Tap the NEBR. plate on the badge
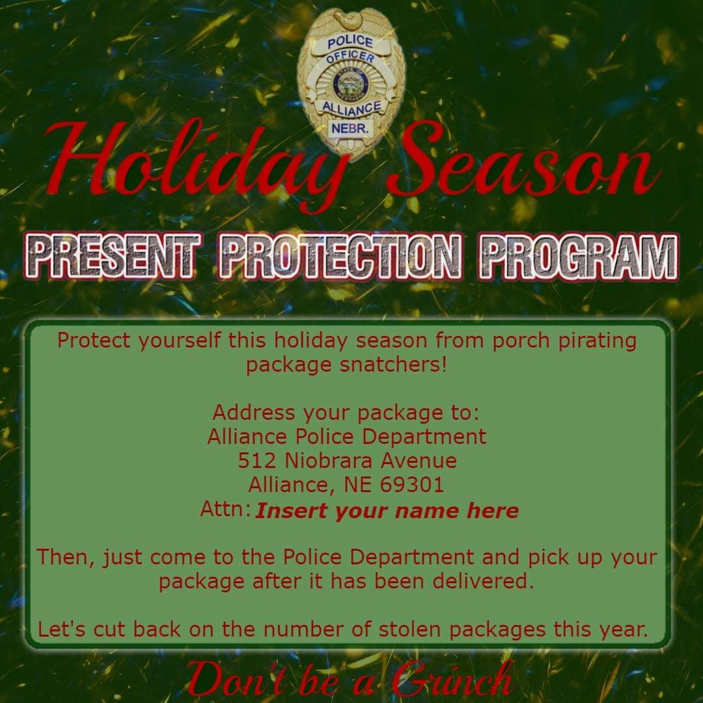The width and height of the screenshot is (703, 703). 350,129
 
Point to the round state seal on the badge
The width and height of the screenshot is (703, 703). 351,84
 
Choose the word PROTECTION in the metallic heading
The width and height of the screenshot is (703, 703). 339,256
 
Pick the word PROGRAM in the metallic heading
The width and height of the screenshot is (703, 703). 578,256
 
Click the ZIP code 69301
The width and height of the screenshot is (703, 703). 412,484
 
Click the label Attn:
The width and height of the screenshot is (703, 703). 225,509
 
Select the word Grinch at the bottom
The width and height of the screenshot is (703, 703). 452,681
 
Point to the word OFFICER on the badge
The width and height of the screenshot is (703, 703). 350,57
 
